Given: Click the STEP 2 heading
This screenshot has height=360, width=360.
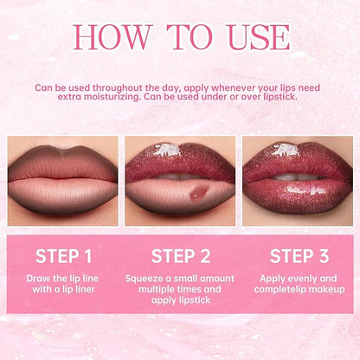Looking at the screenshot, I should click(180, 255).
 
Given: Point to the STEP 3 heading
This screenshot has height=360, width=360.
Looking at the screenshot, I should click(298, 255).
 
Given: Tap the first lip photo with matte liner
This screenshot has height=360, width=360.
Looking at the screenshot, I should click(62, 180).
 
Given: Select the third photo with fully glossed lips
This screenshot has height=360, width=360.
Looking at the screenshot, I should click(298, 180).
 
